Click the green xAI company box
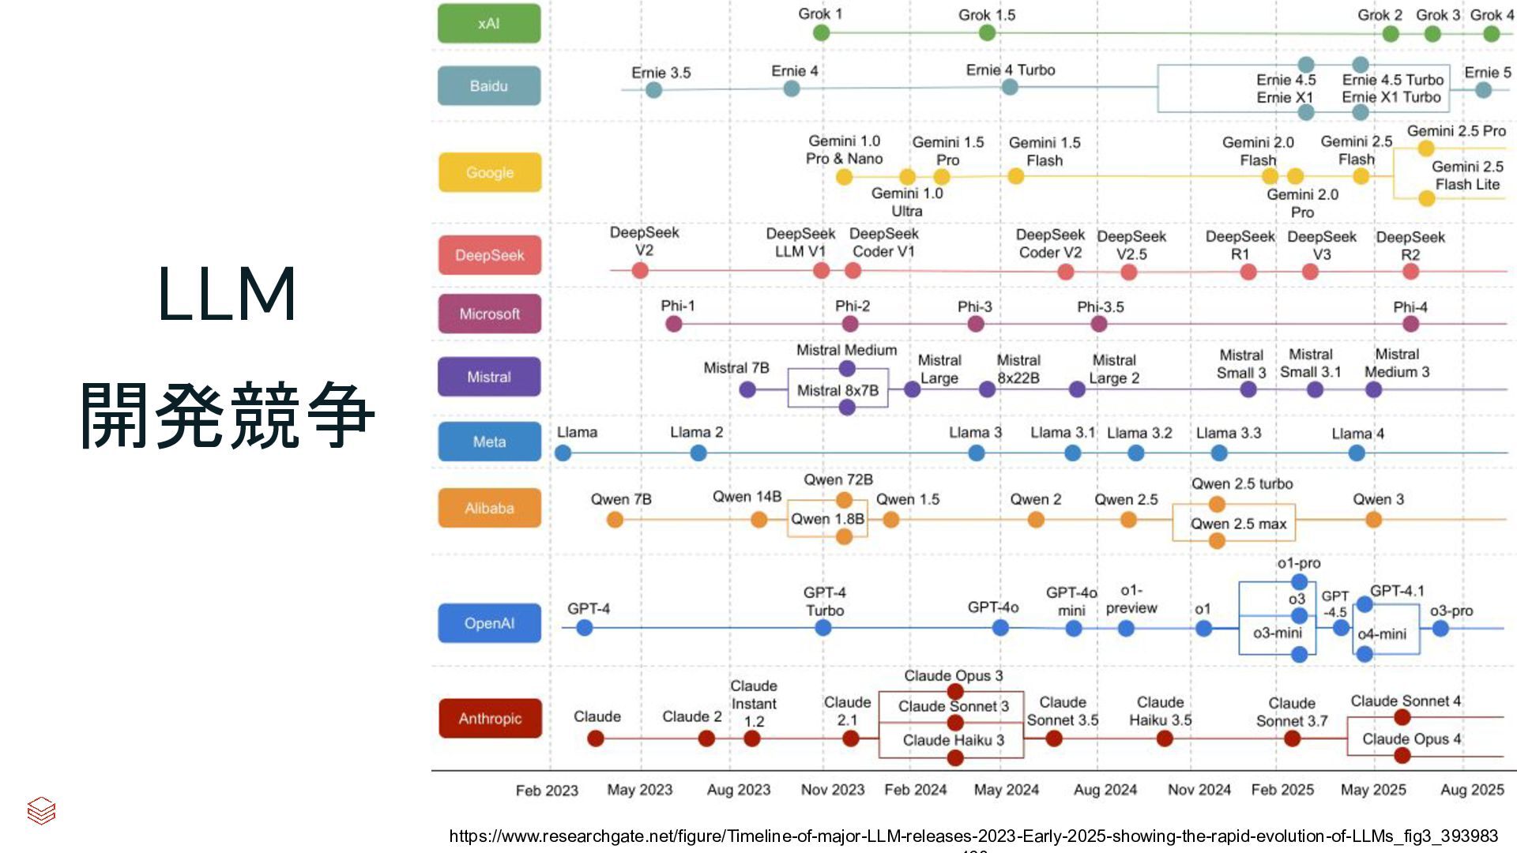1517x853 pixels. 489,24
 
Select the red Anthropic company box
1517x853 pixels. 490,718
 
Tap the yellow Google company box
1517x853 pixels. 490,172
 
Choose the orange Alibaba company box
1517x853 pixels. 490,508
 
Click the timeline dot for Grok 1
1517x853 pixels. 822,32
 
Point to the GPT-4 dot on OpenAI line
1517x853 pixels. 585,628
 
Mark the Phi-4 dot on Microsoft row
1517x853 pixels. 1411,324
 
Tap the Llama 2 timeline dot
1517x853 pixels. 698,453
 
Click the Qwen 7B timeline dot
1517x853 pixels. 615,520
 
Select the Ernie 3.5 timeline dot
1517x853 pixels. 653,90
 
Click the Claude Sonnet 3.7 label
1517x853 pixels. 1292,712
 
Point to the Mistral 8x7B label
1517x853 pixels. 838,390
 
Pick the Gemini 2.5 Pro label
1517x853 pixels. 1456,131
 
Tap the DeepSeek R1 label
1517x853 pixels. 1240,245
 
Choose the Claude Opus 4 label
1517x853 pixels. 1411,738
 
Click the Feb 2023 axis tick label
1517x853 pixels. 547,790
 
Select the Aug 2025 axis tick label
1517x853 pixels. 1472,790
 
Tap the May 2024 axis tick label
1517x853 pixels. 1006,790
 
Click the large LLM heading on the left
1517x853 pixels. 227,294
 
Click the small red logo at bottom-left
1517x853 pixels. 41,810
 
